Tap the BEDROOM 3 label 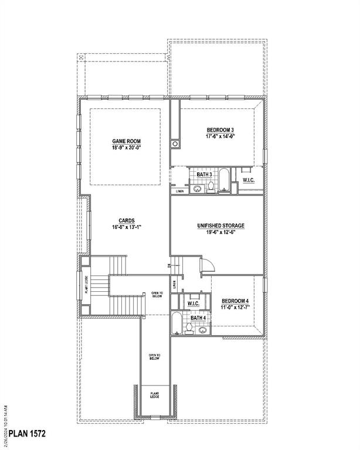(220, 129)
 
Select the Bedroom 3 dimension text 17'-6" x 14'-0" (220, 137)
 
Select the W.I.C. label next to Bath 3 (249, 179)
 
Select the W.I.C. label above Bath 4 (193, 304)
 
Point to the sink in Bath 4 (202, 330)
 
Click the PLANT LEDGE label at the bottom (155, 396)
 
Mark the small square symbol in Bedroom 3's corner (174, 144)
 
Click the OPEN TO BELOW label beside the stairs (157, 294)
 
